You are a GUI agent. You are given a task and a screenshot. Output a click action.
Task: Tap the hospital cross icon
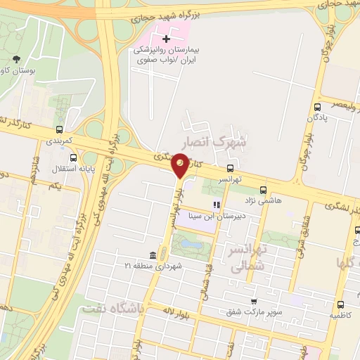click(166, 38)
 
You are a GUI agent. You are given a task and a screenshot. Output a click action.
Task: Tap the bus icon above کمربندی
click(59, 129)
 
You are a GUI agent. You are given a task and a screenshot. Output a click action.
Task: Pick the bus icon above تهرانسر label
click(231, 168)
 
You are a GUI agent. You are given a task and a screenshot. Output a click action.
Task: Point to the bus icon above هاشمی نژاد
click(263, 189)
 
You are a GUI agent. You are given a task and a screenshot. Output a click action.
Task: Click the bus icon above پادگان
click(318, 107)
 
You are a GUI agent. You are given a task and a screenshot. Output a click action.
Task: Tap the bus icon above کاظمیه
click(340, 305)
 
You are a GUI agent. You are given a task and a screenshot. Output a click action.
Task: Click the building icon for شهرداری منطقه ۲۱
click(153, 255)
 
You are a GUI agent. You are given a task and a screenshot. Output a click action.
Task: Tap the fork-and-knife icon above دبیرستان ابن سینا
click(217, 205)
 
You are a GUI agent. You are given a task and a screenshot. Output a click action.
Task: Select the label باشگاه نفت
click(111, 308)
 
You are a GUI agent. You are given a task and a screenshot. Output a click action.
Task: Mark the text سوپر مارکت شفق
click(254, 311)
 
